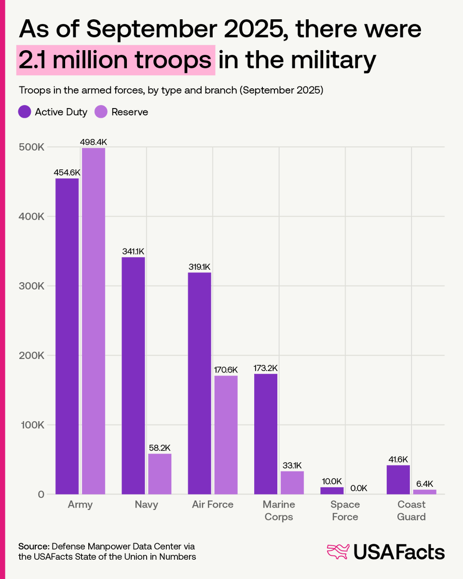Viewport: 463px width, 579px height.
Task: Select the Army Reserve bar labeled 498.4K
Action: pos(94,321)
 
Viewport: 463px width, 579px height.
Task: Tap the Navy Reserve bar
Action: pos(160,474)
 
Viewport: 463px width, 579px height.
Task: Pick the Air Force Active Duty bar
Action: pos(199,383)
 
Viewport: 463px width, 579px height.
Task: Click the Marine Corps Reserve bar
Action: pos(292,482)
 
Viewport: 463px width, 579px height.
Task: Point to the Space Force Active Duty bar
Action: pos(332,491)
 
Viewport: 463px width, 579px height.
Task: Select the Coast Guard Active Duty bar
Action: pos(398,480)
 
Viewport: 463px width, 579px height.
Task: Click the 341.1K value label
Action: pos(133,251)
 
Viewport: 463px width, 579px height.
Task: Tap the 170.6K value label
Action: pos(226,370)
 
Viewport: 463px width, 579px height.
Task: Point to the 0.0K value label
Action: pos(358,488)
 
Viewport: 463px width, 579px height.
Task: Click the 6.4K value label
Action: pos(424,483)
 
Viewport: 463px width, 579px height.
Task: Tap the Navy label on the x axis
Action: pos(146,505)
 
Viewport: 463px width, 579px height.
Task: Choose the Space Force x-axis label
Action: pos(345,510)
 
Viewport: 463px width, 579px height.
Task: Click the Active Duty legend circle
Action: pos(25,112)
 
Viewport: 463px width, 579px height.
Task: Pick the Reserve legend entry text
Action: pos(130,112)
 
